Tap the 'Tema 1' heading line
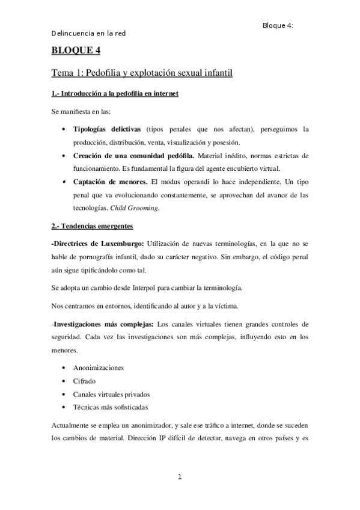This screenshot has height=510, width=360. pyautogui.click(x=141, y=73)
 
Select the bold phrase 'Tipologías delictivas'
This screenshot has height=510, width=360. pyautogui.click(x=107, y=129)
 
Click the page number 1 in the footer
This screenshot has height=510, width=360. pyautogui.click(x=179, y=477)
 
